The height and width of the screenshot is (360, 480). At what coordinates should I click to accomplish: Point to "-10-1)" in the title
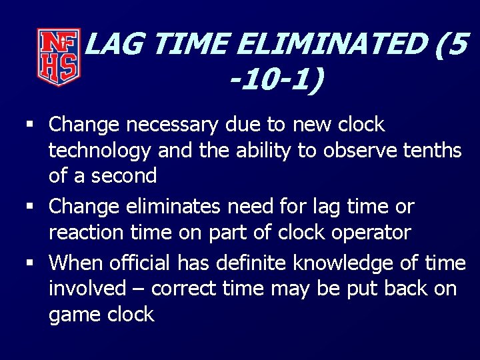(x=275, y=81)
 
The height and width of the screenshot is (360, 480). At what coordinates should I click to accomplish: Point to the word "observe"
(x=361, y=151)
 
